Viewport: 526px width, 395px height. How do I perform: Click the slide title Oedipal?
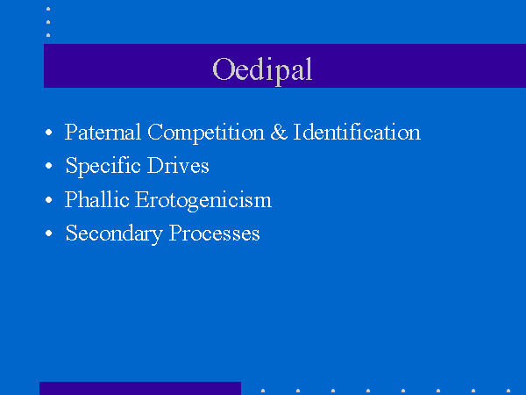[262, 70]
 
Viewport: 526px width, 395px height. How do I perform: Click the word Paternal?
[103, 132]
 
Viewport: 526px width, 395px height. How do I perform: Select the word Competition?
[206, 133]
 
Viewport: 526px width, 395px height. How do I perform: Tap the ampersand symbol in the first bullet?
[279, 132]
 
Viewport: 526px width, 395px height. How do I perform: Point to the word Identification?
[357, 132]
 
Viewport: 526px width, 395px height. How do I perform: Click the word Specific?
[103, 166]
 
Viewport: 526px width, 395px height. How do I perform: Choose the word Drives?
[178, 165]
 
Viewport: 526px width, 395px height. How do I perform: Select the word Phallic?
[97, 199]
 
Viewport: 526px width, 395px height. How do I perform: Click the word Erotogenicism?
[203, 200]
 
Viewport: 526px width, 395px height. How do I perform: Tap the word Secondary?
[114, 233]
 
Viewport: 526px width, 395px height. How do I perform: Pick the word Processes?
[215, 233]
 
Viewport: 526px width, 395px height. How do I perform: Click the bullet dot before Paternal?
[48, 132]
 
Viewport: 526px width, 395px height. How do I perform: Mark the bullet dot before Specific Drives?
[48, 166]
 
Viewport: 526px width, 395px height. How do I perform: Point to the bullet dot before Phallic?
[48, 199]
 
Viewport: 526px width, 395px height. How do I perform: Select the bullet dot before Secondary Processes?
[48, 233]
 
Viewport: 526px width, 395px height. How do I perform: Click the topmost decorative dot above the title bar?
[48, 9]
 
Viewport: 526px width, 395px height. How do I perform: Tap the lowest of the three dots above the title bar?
[48, 35]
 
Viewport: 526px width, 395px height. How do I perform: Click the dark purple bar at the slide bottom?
[140, 388]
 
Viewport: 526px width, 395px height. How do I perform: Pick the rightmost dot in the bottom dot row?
[508, 391]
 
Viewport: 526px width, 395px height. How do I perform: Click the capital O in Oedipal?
[223, 69]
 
